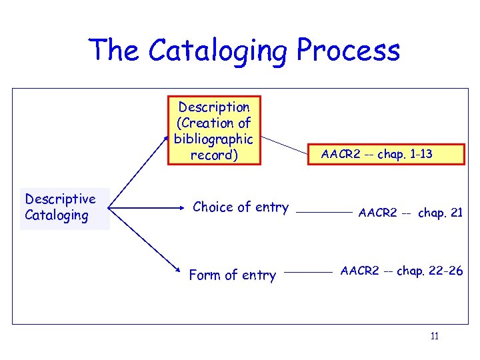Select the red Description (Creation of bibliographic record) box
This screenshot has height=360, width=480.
214,131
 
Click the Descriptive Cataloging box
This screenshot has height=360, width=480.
64,207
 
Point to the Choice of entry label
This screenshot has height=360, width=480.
241,207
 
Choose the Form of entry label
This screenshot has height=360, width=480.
232,275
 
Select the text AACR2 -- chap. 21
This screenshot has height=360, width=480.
410,213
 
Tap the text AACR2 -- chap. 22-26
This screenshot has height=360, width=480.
401,271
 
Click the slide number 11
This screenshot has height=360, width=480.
434,336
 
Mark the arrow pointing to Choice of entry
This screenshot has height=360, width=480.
147,209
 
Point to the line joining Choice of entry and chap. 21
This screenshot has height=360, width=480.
323,212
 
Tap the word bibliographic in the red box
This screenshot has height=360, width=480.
213,139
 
